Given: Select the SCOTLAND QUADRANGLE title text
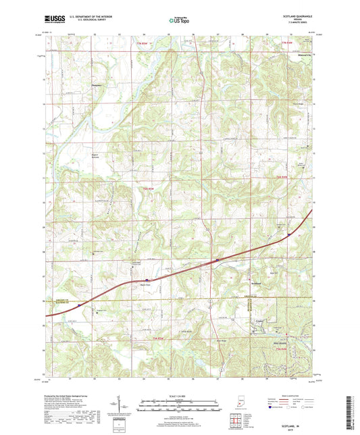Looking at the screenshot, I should (x=295, y=17).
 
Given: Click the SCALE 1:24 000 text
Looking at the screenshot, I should (x=179, y=395).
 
